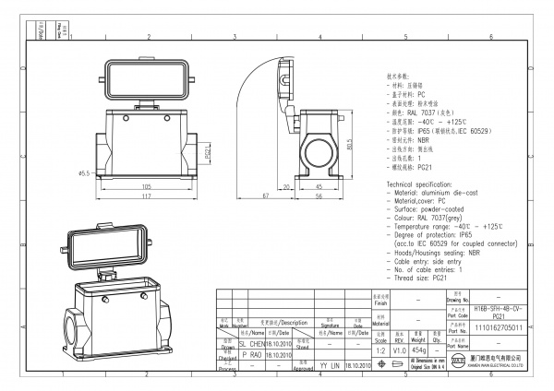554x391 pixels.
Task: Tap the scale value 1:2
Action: coord(377,351)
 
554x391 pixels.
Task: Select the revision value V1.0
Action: coord(399,351)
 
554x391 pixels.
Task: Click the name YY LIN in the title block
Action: coord(328,365)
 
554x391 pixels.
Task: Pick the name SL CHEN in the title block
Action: coord(251,341)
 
